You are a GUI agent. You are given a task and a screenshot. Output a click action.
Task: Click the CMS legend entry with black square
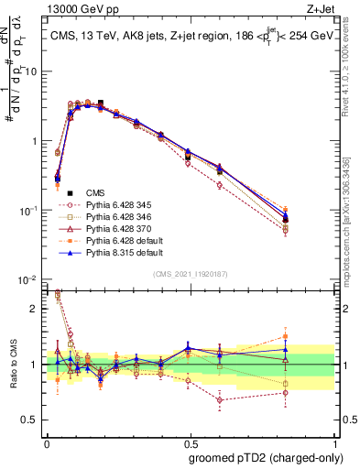tap(95, 193)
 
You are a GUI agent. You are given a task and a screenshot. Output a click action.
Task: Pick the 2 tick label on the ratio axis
tap(35, 309)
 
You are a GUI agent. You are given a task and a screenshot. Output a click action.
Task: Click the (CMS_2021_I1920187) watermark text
tap(190, 274)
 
